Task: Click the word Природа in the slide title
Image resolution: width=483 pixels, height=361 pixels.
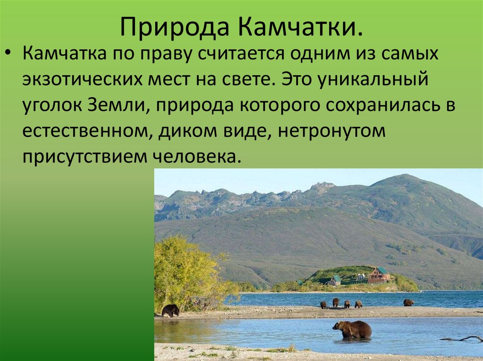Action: coord(174,28)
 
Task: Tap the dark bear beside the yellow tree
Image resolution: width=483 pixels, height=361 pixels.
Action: coord(170,310)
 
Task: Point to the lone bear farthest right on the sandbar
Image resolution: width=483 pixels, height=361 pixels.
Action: coord(408,302)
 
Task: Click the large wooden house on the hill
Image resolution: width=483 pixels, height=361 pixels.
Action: coord(379,275)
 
